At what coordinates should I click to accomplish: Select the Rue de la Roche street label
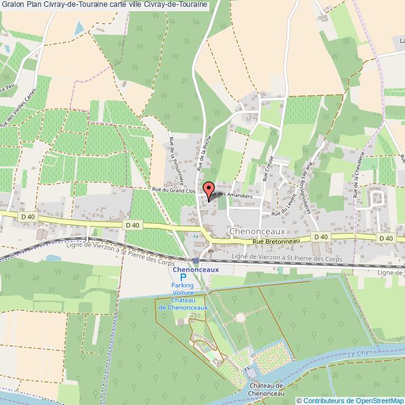tap(204, 152)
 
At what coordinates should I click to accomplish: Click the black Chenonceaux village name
tap(257, 231)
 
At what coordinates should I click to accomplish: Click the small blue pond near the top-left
tap(78, 28)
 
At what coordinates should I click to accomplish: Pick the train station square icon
tap(196, 260)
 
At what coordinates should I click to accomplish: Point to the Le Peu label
tap(7, 88)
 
